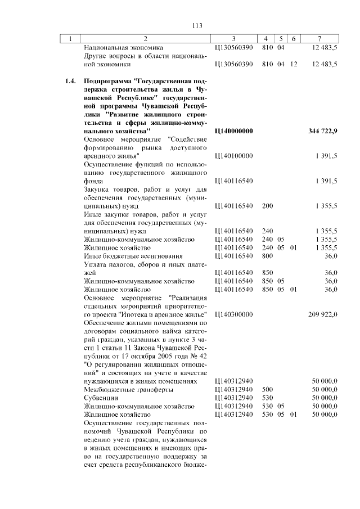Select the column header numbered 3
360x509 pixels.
tap(233, 38)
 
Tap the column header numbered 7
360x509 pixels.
tap(319, 38)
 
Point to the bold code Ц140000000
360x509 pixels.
tap(233, 131)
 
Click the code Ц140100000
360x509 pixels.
tap(233, 156)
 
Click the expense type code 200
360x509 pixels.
tap(267, 206)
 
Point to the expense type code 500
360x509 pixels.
tap(267, 389)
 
